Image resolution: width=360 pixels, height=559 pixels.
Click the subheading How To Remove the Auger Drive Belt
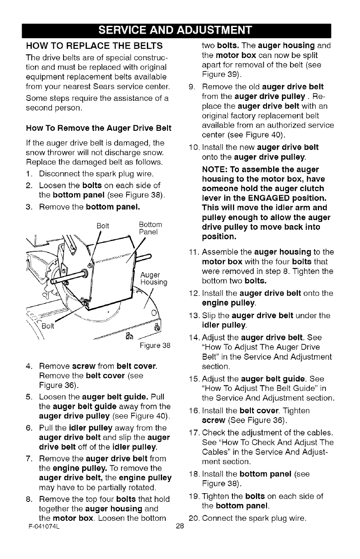[x=99, y=128]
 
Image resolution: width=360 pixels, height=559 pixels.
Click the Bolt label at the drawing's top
[x=104, y=225]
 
